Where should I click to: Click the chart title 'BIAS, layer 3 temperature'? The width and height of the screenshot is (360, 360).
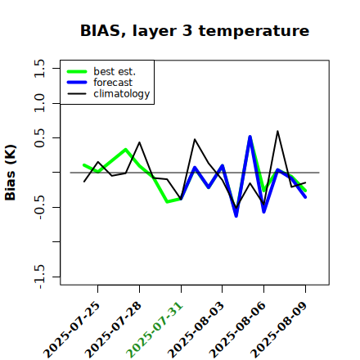[195, 30]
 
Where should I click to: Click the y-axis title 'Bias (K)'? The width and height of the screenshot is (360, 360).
[11, 173]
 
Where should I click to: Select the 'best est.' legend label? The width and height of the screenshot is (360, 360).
[115, 71]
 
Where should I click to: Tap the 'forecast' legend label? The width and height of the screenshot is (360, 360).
[113, 83]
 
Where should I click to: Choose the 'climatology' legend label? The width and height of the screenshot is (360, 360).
[122, 94]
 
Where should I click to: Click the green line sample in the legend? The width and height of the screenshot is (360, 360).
[77, 71]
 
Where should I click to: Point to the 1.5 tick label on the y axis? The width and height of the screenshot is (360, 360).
[39, 68]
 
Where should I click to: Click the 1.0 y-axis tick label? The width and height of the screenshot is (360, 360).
[39, 103]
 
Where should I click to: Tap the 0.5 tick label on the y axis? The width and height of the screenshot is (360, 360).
[39, 138]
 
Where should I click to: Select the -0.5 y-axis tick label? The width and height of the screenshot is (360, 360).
[39, 207]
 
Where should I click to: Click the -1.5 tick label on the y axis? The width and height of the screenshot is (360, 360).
[39, 277]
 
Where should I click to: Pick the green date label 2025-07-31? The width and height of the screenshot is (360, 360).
[155, 330]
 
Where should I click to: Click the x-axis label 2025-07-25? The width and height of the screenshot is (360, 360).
[72, 330]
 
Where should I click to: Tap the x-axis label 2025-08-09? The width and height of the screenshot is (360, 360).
[279, 330]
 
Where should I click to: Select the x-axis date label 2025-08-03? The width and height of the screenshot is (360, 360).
[196, 330]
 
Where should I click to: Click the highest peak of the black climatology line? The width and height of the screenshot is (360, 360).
[277, 131]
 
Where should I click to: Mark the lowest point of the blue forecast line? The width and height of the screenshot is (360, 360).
[236, 216]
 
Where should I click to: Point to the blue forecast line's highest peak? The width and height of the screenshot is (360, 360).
[250, 137]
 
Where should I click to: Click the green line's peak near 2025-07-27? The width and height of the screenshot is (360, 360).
[126, 150]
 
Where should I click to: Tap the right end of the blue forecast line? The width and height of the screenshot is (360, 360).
[305, 197]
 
